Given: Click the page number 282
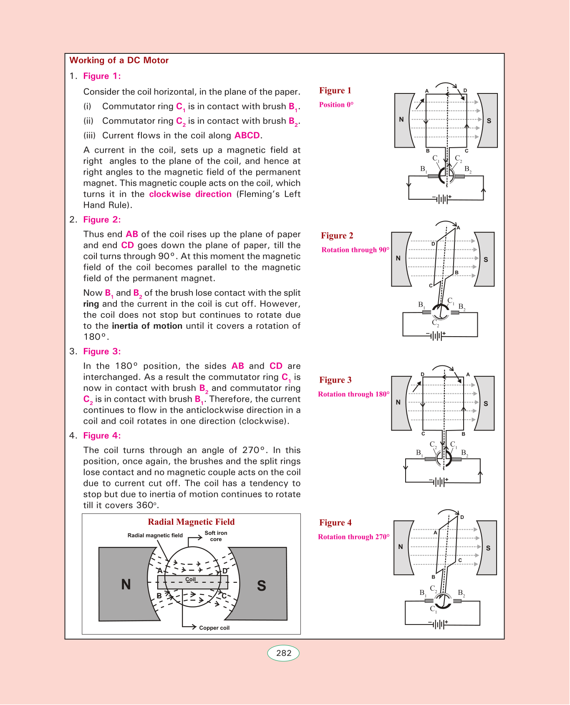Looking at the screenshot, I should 284,653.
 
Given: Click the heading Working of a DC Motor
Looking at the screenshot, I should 119,60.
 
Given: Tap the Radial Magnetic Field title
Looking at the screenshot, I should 191,522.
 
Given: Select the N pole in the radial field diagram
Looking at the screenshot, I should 126,584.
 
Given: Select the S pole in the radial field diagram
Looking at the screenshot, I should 262,585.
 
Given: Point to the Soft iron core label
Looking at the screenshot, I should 216,536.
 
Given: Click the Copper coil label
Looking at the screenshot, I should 214,628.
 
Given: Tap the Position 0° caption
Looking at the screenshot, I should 336,105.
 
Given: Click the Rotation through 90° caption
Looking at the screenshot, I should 355,250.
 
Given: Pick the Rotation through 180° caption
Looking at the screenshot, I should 353,394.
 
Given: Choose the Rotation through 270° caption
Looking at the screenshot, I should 353,537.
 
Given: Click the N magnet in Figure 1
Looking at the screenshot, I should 402,120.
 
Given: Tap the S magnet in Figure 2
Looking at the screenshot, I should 485,259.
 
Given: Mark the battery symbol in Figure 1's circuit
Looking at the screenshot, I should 441,199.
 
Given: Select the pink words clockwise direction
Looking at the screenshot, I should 190,194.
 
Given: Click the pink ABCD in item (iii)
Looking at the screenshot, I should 247,136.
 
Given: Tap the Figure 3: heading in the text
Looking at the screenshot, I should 102,352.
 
